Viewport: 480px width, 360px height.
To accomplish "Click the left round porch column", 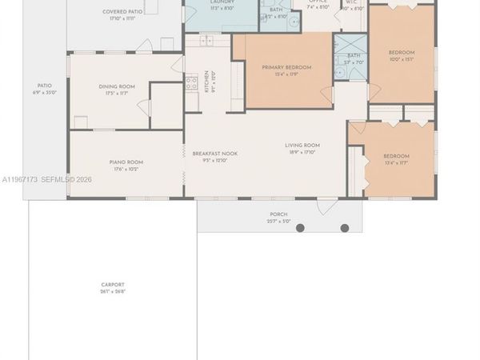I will (x=301, y=228).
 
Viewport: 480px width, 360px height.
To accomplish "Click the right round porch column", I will (x=346, y=228).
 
